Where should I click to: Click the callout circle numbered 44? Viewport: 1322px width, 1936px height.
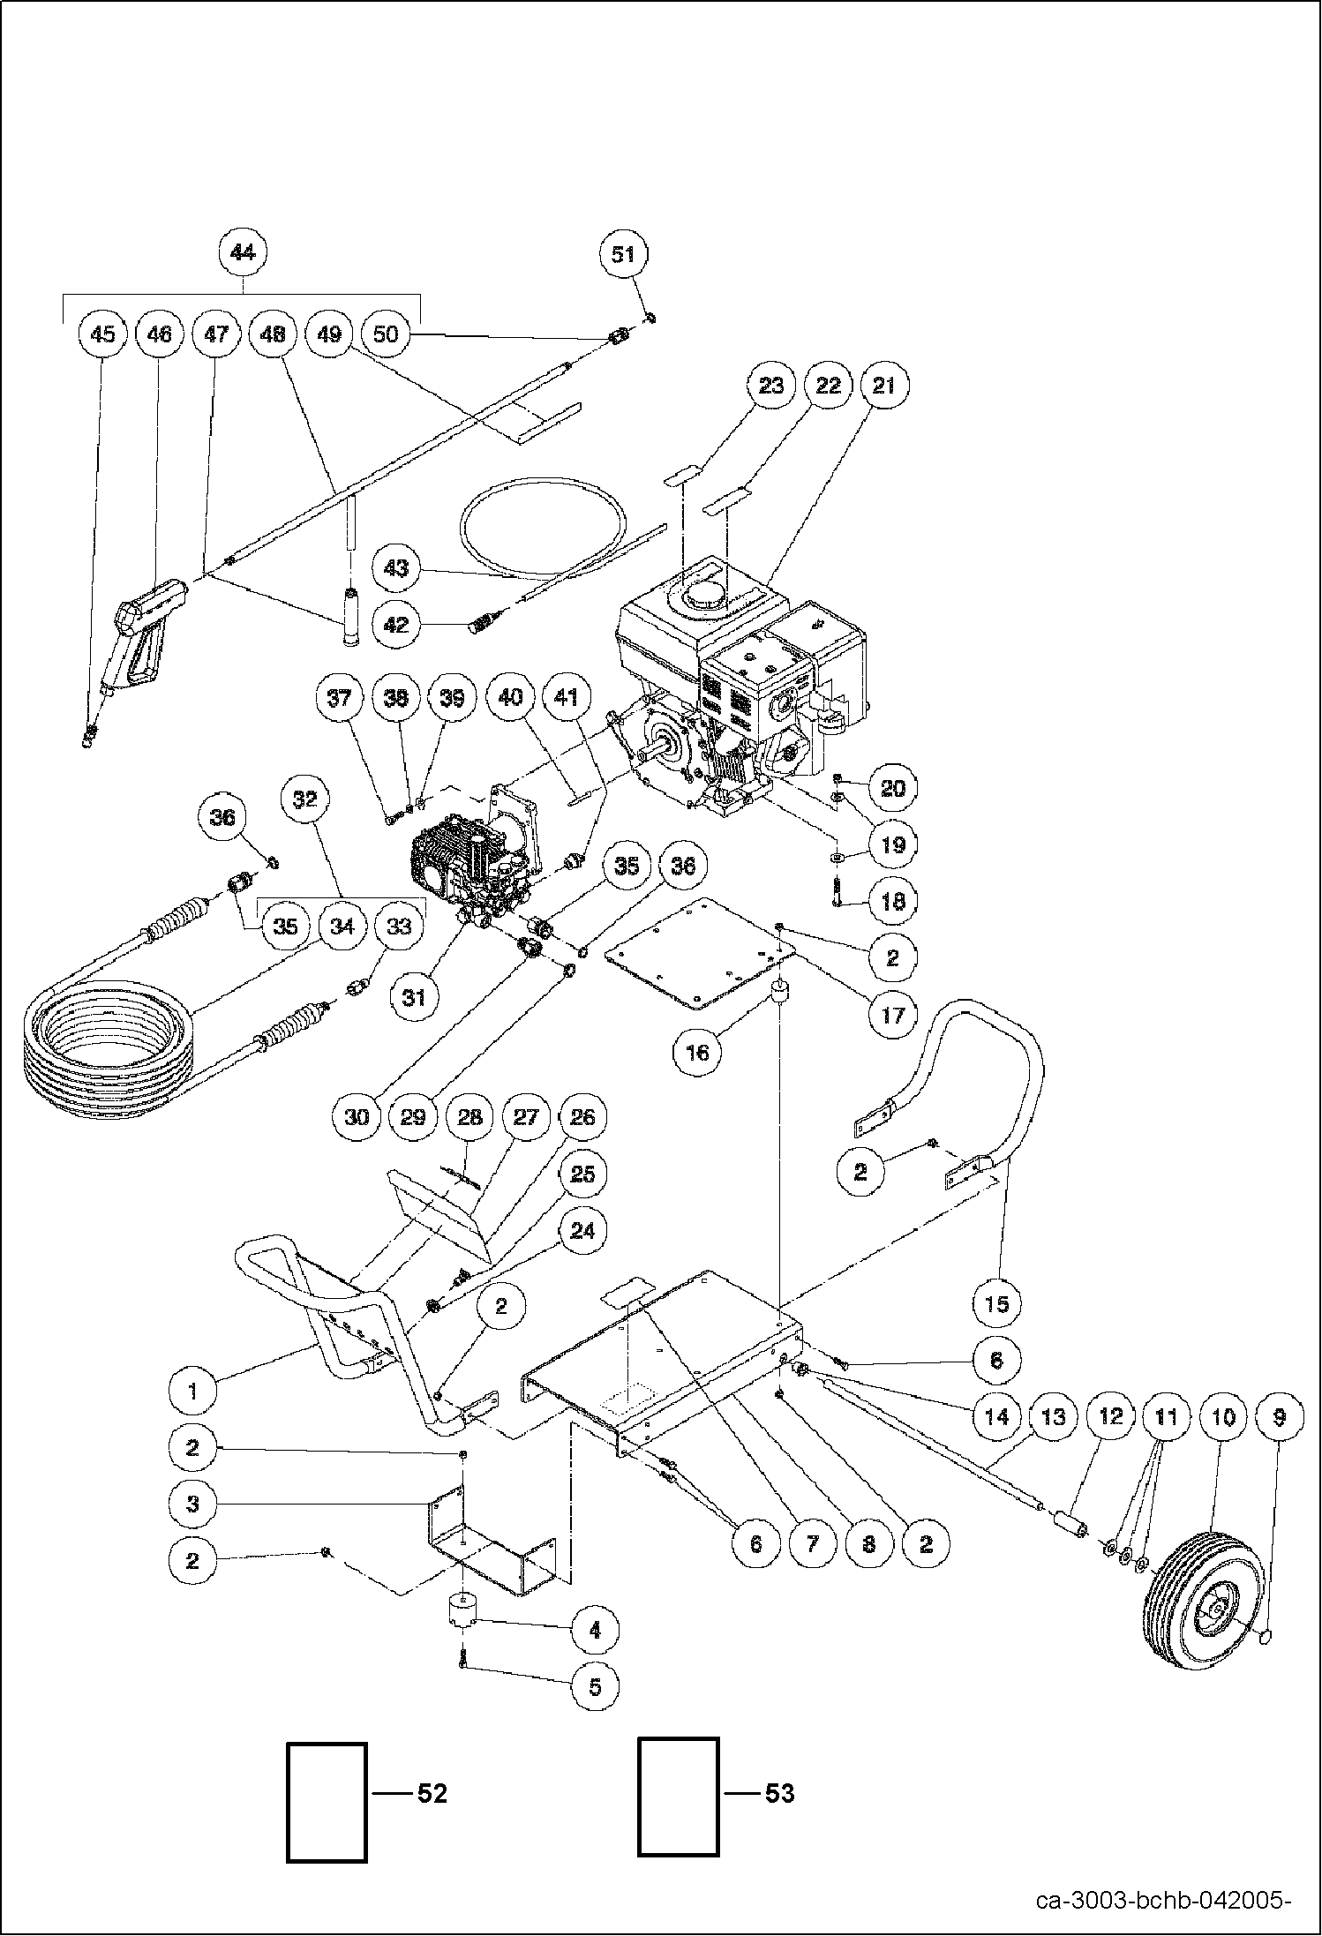click(x=242, y=253)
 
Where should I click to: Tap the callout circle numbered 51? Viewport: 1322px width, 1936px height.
click(x=623, y=254)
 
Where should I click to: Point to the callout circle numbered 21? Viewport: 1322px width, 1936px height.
click(x=883, y=386)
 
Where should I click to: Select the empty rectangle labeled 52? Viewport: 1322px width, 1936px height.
click(x=327, y=1802)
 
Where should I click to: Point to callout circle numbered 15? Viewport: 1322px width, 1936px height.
click(x=996, y=1303)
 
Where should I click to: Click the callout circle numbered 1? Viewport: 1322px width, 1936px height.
click(x=193, y=1392)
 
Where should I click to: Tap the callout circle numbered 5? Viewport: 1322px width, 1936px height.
click(x=595, y=1686)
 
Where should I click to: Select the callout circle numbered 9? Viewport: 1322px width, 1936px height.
click(x=1279, y=1418)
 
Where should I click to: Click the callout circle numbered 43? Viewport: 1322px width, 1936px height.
click(x=396, y=567)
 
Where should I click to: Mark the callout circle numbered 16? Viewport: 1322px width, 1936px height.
click(x=697, y=1052)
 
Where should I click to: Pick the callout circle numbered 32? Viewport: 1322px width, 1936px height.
click(x=304, y=799)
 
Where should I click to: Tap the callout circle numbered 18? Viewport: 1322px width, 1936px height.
click(x=893, y=901)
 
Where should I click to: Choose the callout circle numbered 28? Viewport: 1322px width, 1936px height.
click(x=469, y=1117)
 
